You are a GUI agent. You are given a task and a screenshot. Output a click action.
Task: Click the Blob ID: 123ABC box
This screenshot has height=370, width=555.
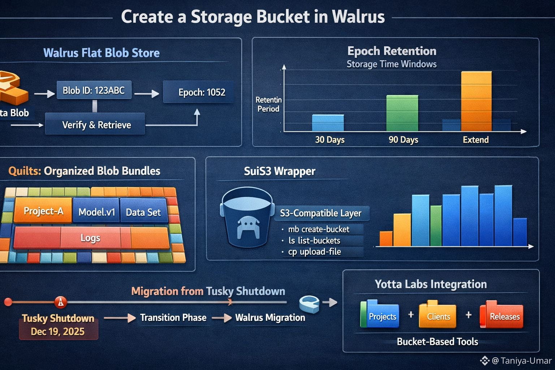pyautogui.click(x=94, y=90)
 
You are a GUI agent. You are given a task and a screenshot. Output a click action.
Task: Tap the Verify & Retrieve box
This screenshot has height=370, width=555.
pyautogui.click(x=96, y=125)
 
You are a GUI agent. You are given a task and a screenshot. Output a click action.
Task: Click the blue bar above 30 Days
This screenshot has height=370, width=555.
pyautogui.click(x=328, y=123)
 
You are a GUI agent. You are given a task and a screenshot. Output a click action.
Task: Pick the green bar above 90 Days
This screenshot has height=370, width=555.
pyautogui.click(x=402, y=113)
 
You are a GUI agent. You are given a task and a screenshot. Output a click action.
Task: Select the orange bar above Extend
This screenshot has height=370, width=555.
pyautogui.click(x=476, y=101)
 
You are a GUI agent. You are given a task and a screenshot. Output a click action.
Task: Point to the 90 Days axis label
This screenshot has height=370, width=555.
pyautogui.click(x=403, y=140)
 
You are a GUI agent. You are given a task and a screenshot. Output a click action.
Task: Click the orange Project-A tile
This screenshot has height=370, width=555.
pyautogui.click(x=43, y=211)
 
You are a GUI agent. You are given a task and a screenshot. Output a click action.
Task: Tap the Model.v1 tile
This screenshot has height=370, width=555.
pyautogui.click(x=96, y=212)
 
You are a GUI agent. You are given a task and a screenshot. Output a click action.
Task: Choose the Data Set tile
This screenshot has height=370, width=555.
pyautogui.click(x=143, y=212)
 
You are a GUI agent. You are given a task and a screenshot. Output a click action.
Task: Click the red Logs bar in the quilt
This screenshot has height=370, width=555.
pyautogui.click(x=90, y=238)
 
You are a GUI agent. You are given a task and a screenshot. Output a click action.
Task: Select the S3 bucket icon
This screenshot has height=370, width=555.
pyautogui.click(x=247, y=218)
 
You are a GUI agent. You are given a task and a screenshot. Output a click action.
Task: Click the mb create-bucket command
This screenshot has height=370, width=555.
pyautogui.click(x=318, y=229)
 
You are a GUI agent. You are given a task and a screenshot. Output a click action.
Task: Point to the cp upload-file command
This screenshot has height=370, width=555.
pyautogui.click(x=314, y=252)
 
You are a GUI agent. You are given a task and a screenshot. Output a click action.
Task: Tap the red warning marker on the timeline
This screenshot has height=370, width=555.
pyautogui.click(x=60, y=302)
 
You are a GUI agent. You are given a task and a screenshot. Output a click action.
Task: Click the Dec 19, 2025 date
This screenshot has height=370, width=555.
pyautogui.click(x=58, y=332)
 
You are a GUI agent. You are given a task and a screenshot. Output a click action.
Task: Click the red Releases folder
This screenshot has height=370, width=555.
pyautogui.click(x=502, y=315)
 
